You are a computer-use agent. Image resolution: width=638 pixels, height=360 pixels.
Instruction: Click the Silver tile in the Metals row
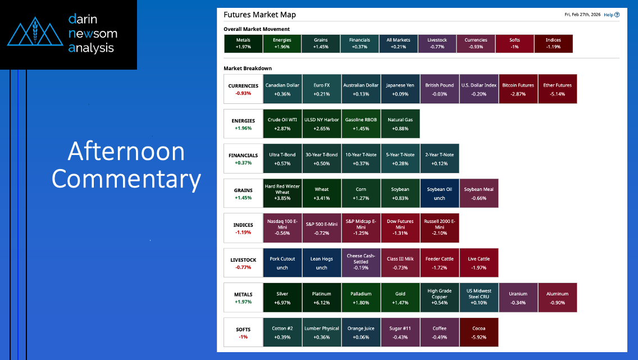click(282, 298)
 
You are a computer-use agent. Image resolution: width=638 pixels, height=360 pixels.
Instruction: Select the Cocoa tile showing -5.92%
click(479, 332)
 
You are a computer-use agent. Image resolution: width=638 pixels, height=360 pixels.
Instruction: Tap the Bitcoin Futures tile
click(518, 89)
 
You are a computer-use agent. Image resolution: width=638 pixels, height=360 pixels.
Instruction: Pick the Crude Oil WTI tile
click(282, 124)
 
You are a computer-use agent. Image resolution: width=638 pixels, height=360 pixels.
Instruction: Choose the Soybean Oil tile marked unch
click(439, 193)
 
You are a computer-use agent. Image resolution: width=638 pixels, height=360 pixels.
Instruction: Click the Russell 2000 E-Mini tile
click(439, 228)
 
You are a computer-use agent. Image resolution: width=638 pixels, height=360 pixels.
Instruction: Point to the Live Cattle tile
click(479, 263)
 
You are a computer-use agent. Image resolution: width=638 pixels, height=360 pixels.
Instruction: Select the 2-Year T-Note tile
click(439, 158)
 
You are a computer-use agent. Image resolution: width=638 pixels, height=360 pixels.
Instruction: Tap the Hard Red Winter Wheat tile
click(282, 193)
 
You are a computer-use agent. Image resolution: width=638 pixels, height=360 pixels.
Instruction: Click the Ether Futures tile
click(558, 89)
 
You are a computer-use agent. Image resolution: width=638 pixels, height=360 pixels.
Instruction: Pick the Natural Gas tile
click(400, 124)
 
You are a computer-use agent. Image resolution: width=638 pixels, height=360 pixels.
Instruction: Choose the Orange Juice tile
click(361, 332)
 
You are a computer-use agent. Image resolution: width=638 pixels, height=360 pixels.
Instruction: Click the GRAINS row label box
click(243, 193)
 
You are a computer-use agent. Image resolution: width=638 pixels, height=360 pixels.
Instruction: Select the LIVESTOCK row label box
click(243, 263)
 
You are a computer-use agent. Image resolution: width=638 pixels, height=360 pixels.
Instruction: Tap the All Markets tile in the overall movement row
click(398, 43)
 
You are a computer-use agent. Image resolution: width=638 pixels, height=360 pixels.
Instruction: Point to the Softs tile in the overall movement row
click(514, 43)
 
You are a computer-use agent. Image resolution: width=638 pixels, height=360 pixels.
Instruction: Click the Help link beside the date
click(612, 15)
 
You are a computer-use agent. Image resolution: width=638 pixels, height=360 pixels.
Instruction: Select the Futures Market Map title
click(259, 15)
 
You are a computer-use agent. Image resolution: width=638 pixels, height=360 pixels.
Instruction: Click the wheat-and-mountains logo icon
click(35, 31)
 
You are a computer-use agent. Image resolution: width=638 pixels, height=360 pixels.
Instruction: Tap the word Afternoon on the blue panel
click(126, 151)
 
